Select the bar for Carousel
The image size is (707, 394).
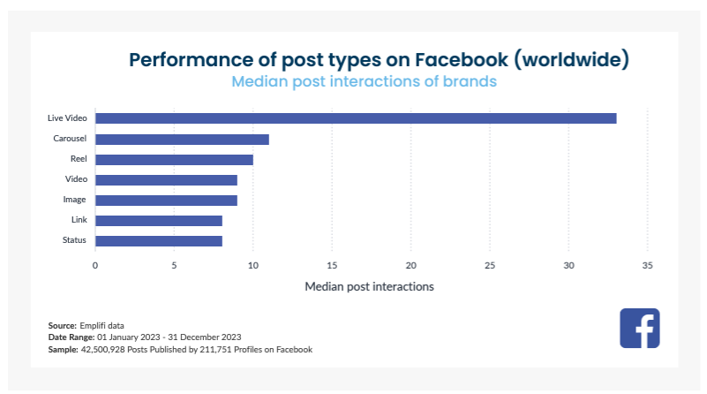tap(182, 139)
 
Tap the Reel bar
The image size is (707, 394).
tap(174, 159)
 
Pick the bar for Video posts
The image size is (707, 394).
tap(166, 179)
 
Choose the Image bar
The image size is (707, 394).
tap(166, 200)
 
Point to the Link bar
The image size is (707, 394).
tap(159, 220)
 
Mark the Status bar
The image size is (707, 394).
tap(159, 240)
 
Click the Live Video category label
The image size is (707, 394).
tap(66, 118)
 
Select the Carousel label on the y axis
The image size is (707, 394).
tap(69, 139)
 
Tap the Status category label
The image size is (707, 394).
tap(74, 240)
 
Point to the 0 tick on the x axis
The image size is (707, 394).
tap(95, 265)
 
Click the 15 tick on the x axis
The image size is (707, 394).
tap(332, 265)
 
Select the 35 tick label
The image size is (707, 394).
tap(648, 265)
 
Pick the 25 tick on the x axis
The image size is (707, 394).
tap(490, 265)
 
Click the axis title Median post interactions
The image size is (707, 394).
tap(369, 287)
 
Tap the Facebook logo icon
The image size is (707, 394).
tap(640, 329)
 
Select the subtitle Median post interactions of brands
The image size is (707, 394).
tap(364, 81)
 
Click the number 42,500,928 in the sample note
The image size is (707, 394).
tap(106, 350)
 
